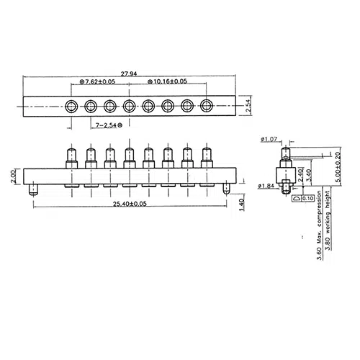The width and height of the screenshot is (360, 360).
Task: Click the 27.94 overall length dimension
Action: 130,74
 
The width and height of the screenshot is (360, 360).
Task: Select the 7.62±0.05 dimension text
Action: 98,83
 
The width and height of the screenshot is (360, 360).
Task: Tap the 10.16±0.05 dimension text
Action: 165,83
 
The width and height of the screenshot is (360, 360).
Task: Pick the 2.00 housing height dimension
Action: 14,176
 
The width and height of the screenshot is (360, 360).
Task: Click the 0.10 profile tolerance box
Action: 309,197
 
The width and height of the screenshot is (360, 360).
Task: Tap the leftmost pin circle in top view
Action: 72,107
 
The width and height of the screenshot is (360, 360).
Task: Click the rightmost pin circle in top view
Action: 207,107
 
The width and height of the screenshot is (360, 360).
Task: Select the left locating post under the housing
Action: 33,191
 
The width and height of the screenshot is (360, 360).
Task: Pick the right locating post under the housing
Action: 228,191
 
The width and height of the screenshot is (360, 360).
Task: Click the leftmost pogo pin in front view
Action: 72,158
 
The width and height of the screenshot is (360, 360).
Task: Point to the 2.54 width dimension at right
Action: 249,106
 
